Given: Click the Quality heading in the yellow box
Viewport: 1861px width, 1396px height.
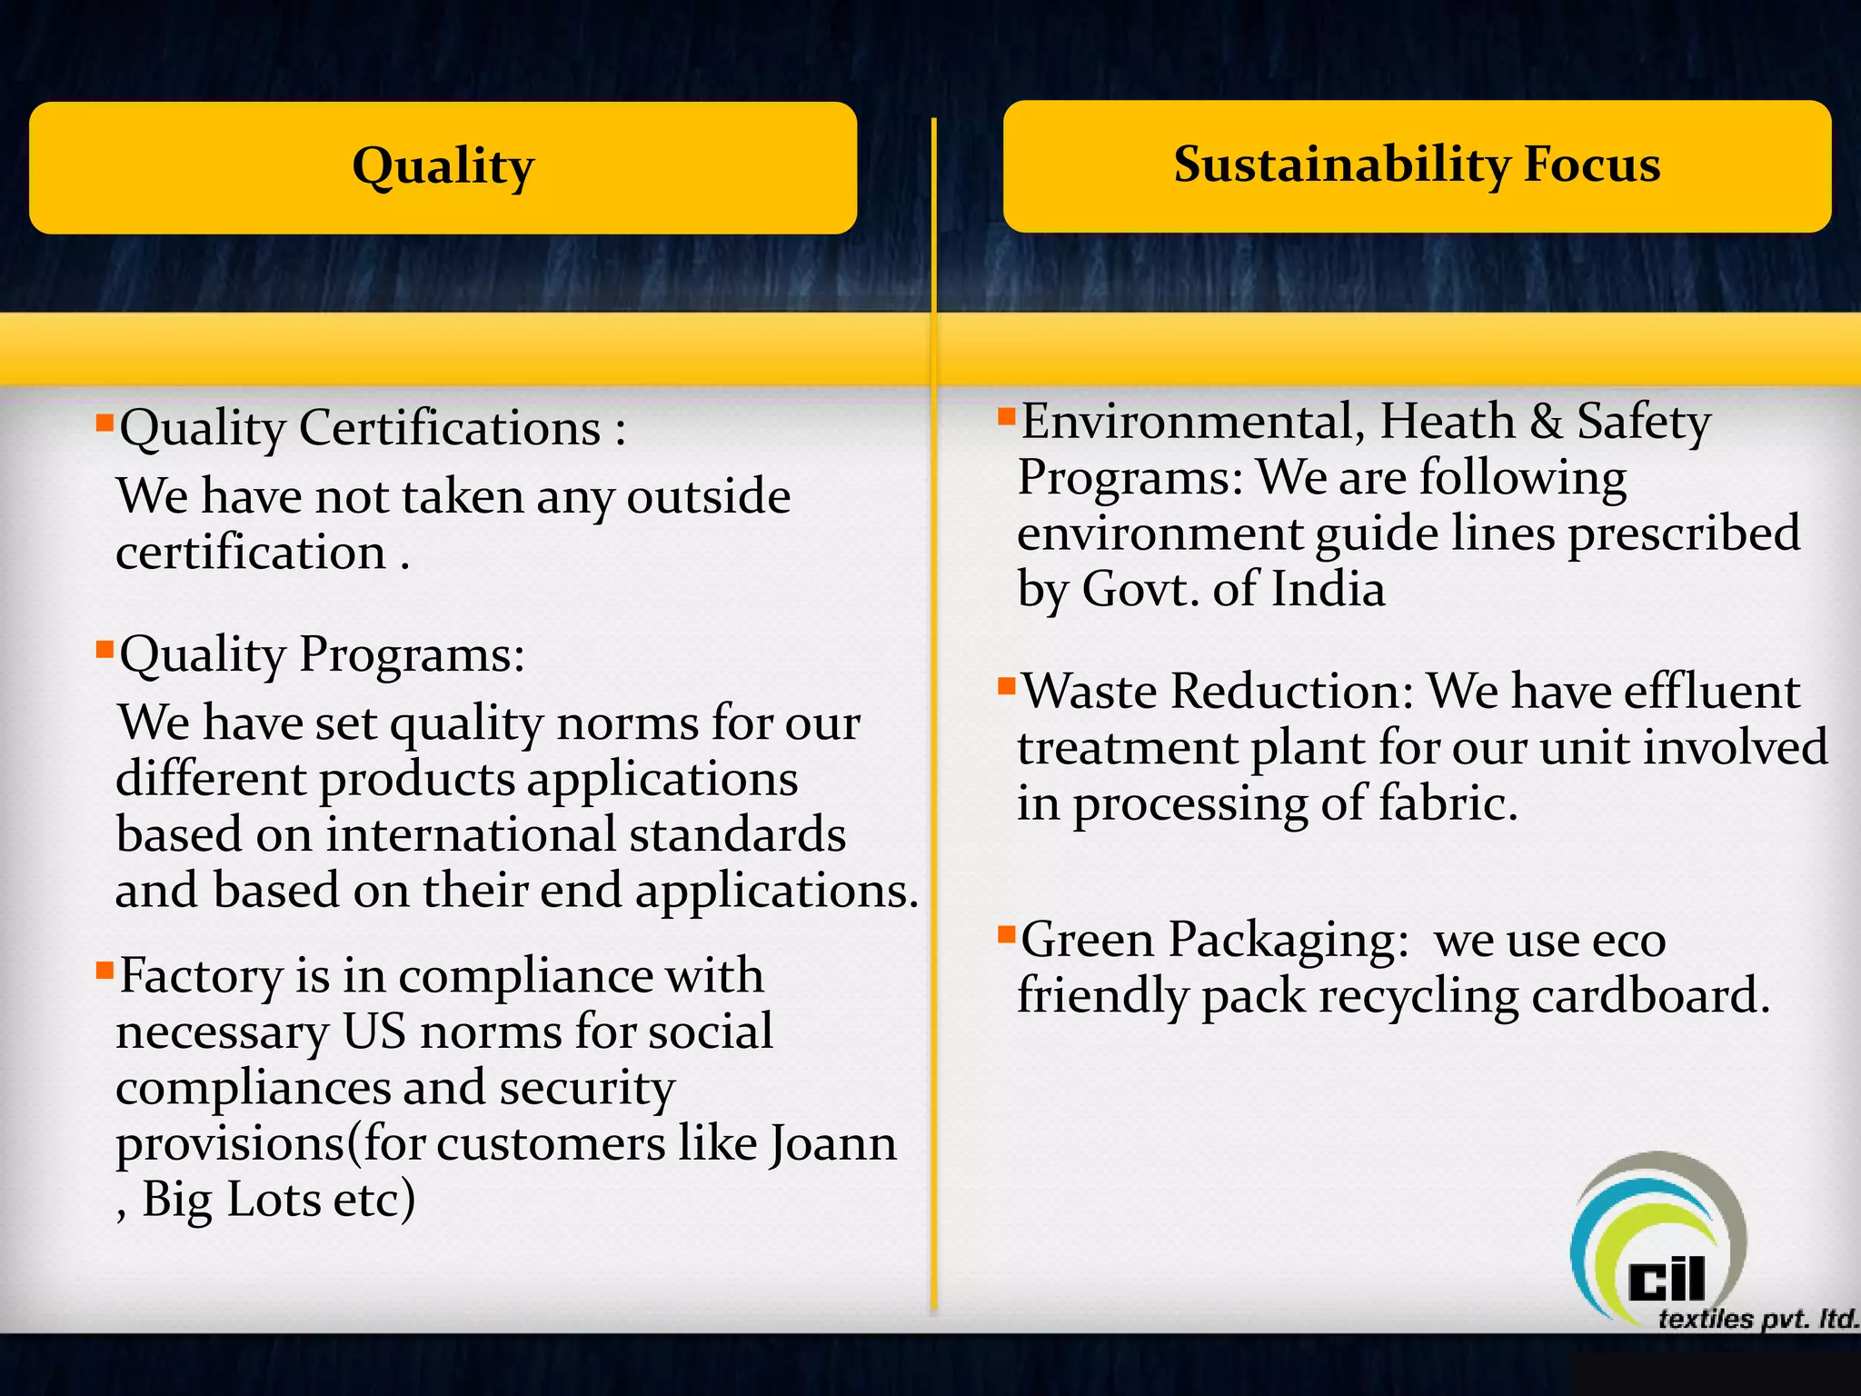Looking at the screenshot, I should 443,167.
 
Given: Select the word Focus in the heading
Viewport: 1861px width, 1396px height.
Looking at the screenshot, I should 1591,165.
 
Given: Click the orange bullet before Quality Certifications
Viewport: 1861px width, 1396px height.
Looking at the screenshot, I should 104,422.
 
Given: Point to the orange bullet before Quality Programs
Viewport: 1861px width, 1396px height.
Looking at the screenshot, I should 104,649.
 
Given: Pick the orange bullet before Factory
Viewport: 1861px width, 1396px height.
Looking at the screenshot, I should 104,970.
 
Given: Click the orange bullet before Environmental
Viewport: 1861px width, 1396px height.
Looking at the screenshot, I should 1006,416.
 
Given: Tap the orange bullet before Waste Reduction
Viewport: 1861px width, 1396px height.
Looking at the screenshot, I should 1006,685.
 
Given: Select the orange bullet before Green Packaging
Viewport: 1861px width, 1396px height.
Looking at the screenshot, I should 1006,933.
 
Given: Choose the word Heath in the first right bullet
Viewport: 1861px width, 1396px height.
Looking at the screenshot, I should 1447,422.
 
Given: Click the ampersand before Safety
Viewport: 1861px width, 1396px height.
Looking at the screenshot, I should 1546,422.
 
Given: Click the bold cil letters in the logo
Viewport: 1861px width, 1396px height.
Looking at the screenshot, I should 1667,1281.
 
